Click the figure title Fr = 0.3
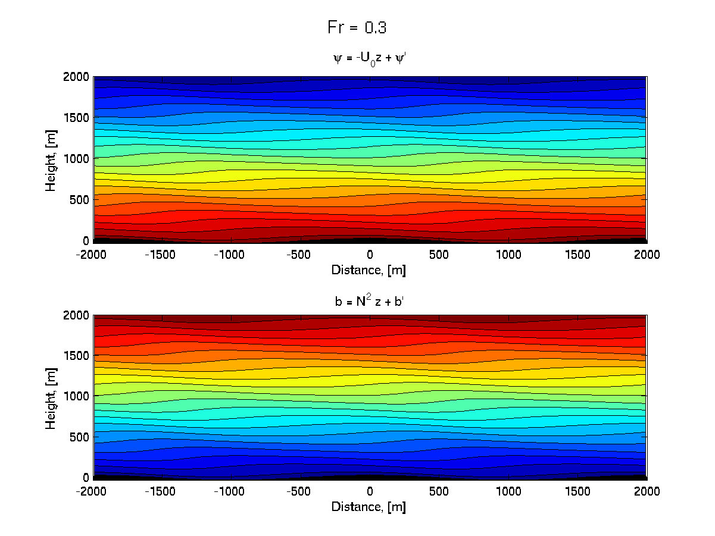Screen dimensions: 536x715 pyautogui.click(x=358, y=27)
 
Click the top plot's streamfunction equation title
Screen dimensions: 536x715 pyautogui.click(x=370, y=59)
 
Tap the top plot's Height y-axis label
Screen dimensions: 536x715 pyautogui.click(x=51, y=159)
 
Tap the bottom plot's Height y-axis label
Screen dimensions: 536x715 pyautogui.click(x=51, y=396)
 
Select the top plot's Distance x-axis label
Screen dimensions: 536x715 pyautogui.click(x=369, y=270)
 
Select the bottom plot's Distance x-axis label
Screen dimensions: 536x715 pyautogui.click(x=369, y=507)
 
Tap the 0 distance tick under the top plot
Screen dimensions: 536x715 pyautogui.click(x=370, y=255)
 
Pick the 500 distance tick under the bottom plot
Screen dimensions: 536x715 pyautogui.click(x=439, y=491)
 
